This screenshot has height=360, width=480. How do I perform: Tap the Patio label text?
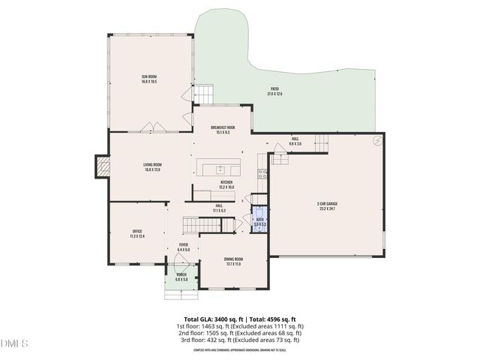[275, 91]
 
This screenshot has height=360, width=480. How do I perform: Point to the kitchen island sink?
[220, 168]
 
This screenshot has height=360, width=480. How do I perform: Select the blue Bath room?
[259, 222]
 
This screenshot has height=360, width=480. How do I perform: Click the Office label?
[136, 234]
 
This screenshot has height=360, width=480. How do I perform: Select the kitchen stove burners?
[263, 174]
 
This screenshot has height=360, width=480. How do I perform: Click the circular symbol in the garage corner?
[377, 140]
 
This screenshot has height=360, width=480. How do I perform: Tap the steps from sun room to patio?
[205, 95]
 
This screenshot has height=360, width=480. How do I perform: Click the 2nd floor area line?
[239, 333]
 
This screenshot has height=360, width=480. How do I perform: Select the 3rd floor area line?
[239, 340]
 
